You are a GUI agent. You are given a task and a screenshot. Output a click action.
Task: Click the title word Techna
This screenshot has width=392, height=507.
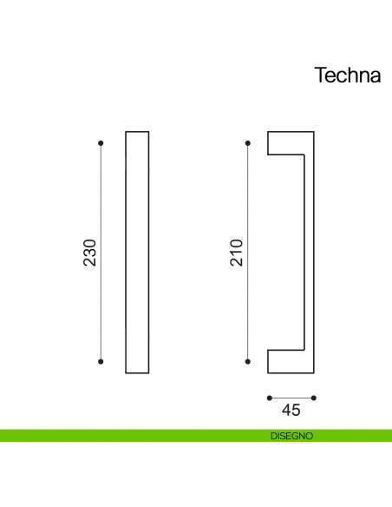click(346, 76)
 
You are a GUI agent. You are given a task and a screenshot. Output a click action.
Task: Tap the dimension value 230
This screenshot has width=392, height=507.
click(88, 252)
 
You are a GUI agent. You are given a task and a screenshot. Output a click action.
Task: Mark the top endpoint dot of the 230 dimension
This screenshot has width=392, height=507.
click(101, 142)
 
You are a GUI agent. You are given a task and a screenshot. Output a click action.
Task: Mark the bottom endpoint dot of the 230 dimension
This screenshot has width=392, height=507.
click(101, 361)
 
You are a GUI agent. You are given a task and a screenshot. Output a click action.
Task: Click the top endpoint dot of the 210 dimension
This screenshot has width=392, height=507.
click(248, 142)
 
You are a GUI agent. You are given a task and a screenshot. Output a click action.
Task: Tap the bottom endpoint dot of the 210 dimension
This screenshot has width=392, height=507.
click(248, 361)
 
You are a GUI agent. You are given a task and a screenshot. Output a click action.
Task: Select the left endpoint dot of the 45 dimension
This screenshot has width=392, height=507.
click(268, 398)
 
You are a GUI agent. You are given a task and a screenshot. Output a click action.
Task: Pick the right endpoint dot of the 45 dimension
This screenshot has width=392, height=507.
click(314, 398)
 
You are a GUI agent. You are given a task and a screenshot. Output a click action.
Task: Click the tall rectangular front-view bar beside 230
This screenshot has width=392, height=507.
click(137, 252)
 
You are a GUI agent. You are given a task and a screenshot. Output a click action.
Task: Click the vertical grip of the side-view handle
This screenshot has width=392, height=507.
click(310, 252)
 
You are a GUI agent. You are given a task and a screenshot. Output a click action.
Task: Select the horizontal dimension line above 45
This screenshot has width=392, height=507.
click(291, 398)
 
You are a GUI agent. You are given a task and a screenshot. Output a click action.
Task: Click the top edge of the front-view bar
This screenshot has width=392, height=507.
click(137, 132)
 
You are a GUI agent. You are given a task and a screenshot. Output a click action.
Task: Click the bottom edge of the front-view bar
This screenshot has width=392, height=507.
click(137, 373)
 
